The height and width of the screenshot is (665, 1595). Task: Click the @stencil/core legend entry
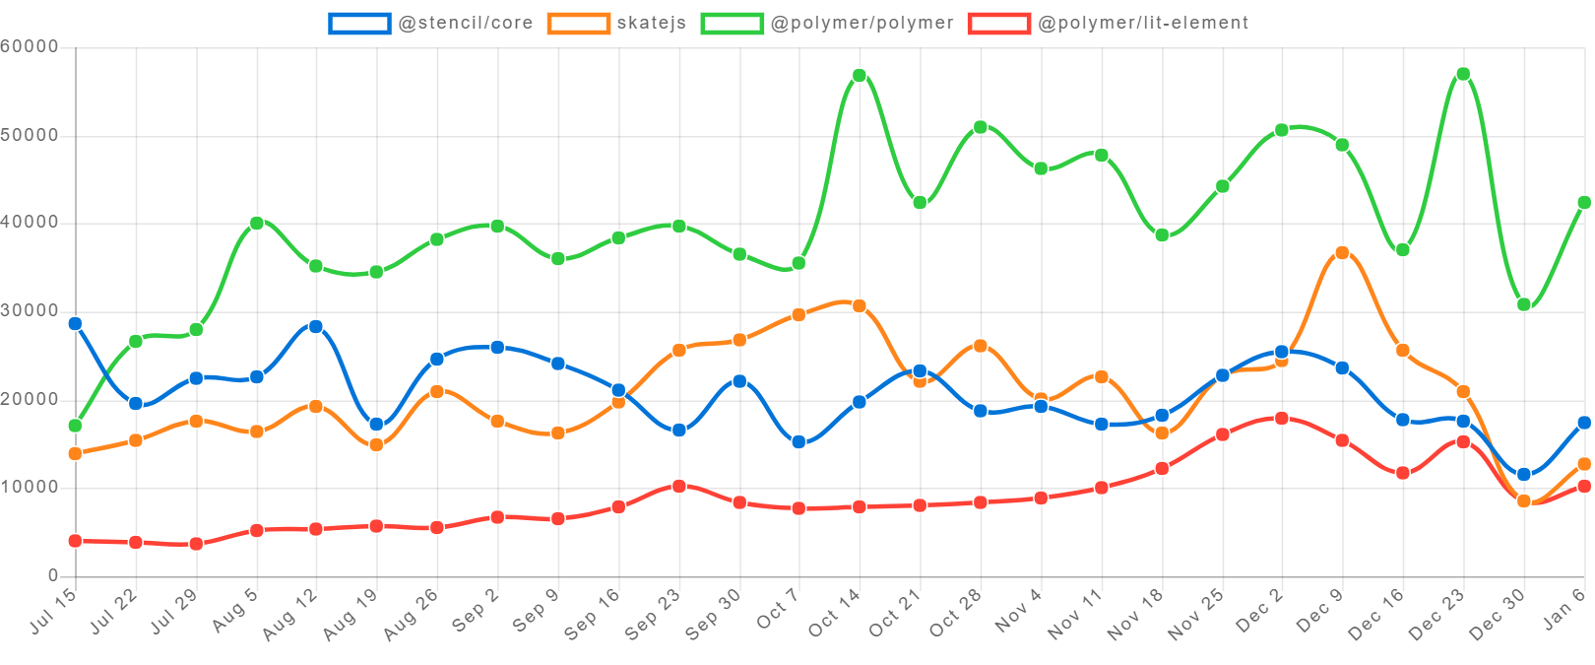pyautogui.click(x=431, y=23)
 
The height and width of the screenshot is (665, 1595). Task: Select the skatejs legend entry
pyautogui.click(x=617, y=23)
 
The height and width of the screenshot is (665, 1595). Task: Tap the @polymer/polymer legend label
pyautogui.click(x=827, y=23)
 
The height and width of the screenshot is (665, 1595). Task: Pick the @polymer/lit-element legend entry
pyautogui.click(x=1108, y=23)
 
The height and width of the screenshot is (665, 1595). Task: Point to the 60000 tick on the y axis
pyautogui.click(x=30, y=46)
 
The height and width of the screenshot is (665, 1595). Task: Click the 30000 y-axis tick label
pyautogui.click(x=30, y=310)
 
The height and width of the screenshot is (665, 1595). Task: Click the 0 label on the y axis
pyautogui.click(x=53, y=574)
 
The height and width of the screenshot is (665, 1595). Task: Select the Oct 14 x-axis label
pyautogui.click(x=835, y=611)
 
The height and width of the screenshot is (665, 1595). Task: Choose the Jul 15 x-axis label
pyautogui.click(x=53, y=611)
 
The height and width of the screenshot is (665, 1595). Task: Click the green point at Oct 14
pyautogui.click(x=859, y=76)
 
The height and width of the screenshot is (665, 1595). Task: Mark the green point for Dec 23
pyautogui.click(x=1463, y=74)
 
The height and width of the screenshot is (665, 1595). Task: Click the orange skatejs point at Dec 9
pyautogui.click(x=1342, y=253)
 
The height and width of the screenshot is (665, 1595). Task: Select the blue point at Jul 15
pyautogui.click(x=75, y=323)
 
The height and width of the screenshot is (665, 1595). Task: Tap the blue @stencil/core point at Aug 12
pyautogui.click(x=315, y=326)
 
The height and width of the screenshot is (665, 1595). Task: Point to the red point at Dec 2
pyautogui.click(x=1281, y=418)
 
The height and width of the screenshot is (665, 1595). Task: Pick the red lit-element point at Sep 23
pyautogui.click(x=678, y=486)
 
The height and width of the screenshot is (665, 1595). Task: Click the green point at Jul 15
pyautogui.click(x=75, y=426)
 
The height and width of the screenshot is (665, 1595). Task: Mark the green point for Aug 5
pyautogui.click(x=256, y=224)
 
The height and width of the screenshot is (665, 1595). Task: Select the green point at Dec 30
pyautogui.click(x=1523, y=304)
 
